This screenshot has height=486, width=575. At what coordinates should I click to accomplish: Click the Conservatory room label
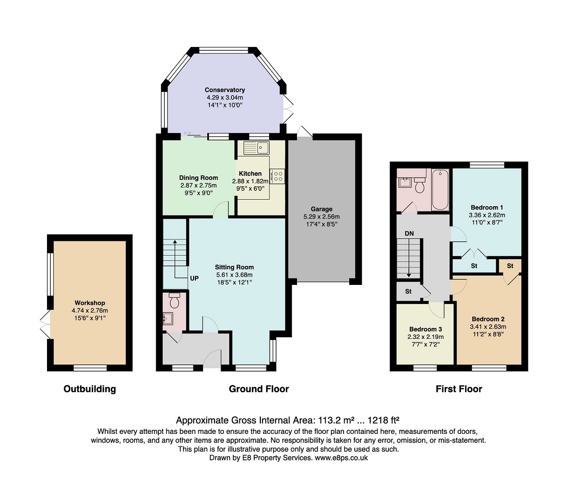tap(225, 90)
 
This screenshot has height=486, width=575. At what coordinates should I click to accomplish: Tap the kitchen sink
tap(256, 148)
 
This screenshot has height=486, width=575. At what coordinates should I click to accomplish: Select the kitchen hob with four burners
tap(277, 176)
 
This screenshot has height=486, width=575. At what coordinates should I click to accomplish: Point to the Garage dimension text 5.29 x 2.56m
tap(322, 216)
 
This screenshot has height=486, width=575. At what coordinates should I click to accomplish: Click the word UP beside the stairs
tap(194, 278)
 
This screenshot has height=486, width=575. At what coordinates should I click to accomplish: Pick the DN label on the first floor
tap(409, 233)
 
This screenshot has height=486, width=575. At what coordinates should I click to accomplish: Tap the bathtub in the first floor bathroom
tap(440, 189)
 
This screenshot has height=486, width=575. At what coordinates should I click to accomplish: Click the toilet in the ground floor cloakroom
tap(175, 300)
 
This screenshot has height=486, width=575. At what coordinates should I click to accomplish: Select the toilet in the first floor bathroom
tap(419, 185)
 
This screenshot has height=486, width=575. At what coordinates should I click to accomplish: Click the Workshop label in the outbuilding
tap(90, 303)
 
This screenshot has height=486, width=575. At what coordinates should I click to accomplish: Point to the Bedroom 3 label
tap(426, 329)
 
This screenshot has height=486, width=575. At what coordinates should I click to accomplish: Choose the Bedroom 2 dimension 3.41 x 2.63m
tap(488, 327)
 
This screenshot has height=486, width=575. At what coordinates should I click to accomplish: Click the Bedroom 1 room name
tap(487, 207)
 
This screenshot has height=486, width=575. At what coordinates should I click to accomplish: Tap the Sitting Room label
tap(234, 267)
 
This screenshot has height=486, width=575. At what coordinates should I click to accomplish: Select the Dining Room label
tap(199, 177)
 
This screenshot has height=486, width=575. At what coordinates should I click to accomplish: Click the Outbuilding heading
tap(89, 389)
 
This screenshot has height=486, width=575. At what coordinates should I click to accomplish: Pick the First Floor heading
tap(459, 389)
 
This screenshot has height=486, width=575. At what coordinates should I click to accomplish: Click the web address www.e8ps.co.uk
tap(341, 458)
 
